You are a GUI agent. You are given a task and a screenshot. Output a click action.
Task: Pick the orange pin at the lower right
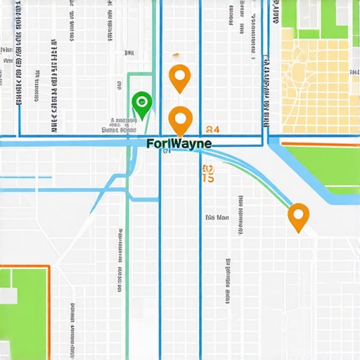pos(298,217)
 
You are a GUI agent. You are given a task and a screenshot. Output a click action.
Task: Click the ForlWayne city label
pos(180,143)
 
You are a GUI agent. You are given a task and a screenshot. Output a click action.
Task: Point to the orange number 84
pos(212,129)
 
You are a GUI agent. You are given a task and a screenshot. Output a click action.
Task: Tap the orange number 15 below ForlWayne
pos(207,174)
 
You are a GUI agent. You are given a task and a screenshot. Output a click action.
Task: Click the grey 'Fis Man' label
pos(217,218)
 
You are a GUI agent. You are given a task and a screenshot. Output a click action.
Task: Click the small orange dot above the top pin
pos(176,54)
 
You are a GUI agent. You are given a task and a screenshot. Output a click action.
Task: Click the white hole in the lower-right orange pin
pos(298,213)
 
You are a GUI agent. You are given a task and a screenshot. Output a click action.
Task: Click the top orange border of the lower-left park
pos(25,266)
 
